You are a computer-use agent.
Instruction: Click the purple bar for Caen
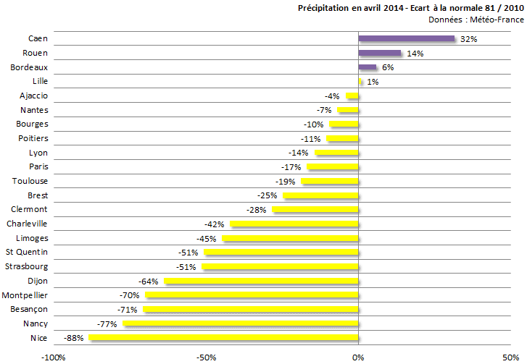(x=406, y=39)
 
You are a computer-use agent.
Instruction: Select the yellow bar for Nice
(x=223, y=338)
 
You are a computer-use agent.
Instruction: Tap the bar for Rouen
(x=379, y=54)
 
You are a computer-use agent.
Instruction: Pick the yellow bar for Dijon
(x=261, y=281)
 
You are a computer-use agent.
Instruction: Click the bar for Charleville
(x=294, y=224)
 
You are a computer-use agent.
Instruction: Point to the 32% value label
(x=468, y=39)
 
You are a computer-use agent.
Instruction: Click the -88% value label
(x=74, y=338)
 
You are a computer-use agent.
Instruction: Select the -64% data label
(x=149, y=281)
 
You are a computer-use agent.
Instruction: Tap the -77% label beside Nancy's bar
(x=107, y=323)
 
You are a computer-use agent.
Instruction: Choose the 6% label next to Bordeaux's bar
(x=388, y=67)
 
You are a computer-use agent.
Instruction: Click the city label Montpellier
(x=25, y=295)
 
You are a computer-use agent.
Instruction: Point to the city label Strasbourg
(x=27, y=266)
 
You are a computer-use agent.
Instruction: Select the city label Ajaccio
(x=34, y=96)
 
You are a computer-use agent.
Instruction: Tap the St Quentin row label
(x=27, y=252)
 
